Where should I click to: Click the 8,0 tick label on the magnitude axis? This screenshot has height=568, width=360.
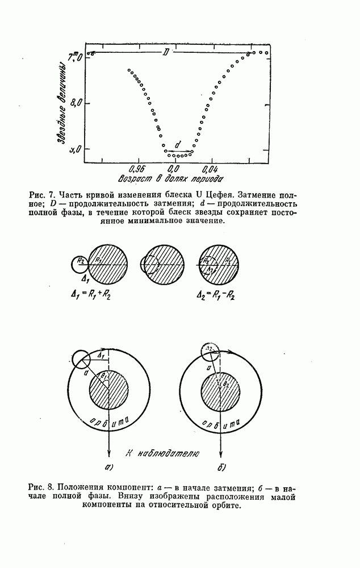point(76,103)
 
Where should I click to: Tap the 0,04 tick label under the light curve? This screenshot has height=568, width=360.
point(210,169)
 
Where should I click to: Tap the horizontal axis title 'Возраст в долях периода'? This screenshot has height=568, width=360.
point(170,180)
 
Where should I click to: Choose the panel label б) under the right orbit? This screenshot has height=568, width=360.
point(221,468)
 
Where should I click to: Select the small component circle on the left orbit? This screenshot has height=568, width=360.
point(81,359)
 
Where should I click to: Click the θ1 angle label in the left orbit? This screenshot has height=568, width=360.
point(104,375)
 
